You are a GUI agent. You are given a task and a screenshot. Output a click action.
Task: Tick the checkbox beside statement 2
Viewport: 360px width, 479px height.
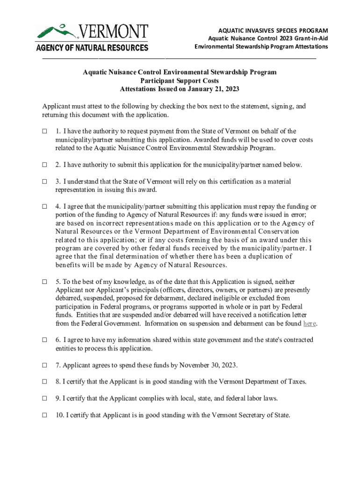pyautogui.click(x=45, y=165)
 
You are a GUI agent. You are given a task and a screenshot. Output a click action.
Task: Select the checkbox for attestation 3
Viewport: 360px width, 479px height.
pyautogui.click(x=45, y=181)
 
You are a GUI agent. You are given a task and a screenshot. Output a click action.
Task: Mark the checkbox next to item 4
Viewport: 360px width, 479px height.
pyautogui.click(x=45, y=206)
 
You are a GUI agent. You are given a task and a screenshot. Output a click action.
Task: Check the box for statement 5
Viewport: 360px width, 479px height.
pyautogui.click(x=45, y=282)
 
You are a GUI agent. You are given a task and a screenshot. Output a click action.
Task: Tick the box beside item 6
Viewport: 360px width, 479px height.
pyautogui.click(x=45, y=340)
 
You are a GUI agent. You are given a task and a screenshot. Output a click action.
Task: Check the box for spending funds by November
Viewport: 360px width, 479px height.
pyautogui.click(x=45, y=365)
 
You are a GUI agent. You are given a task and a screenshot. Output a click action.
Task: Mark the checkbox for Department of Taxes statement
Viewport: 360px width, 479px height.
pyautogui.click(x=45, y=382)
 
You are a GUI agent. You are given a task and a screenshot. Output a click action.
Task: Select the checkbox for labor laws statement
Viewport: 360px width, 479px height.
pyautogui.click(x=45, y=399)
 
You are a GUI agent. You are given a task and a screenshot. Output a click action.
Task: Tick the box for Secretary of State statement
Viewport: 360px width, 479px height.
pyautogui.click(x=45, y=415)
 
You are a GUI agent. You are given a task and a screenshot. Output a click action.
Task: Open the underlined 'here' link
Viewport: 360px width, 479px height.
pyautogui.click(x=310, y=324)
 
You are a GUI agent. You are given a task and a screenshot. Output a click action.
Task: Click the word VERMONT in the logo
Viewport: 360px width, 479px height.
pyautogui.click(x=113, y=32)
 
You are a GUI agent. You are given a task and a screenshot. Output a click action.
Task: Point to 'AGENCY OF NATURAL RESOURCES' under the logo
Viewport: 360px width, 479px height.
pyautogui.click(x=92, y=47)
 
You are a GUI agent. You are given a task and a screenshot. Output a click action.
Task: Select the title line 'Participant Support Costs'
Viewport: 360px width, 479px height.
pyautogui.click(x=180, y=80)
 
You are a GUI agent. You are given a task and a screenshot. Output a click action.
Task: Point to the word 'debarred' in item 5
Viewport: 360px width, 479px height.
pyautogui.click(x=69, y=298)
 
